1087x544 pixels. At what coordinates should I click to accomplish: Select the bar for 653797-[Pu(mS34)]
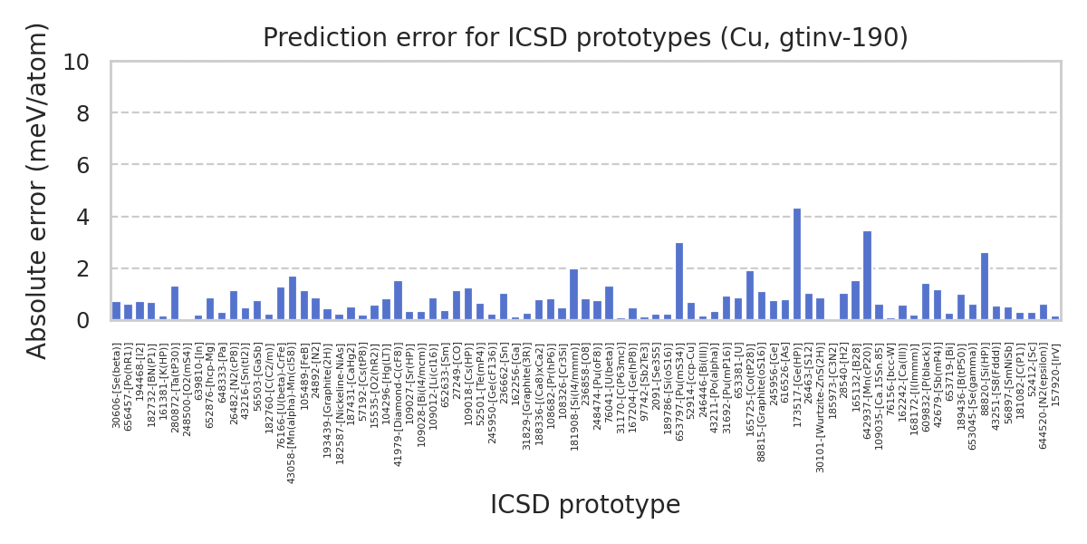pos(679,282)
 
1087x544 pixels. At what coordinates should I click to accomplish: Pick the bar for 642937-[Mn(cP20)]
pos(867,276)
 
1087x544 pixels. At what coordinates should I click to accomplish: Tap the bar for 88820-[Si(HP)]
pos(985,287)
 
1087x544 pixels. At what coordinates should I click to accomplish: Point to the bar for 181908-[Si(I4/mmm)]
pos(573,295)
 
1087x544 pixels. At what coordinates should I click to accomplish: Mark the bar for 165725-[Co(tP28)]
pos(750,296)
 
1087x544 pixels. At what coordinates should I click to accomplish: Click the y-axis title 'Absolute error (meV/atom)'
pos(37,190)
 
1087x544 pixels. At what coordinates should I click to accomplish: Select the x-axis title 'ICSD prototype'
pos(585,505)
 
